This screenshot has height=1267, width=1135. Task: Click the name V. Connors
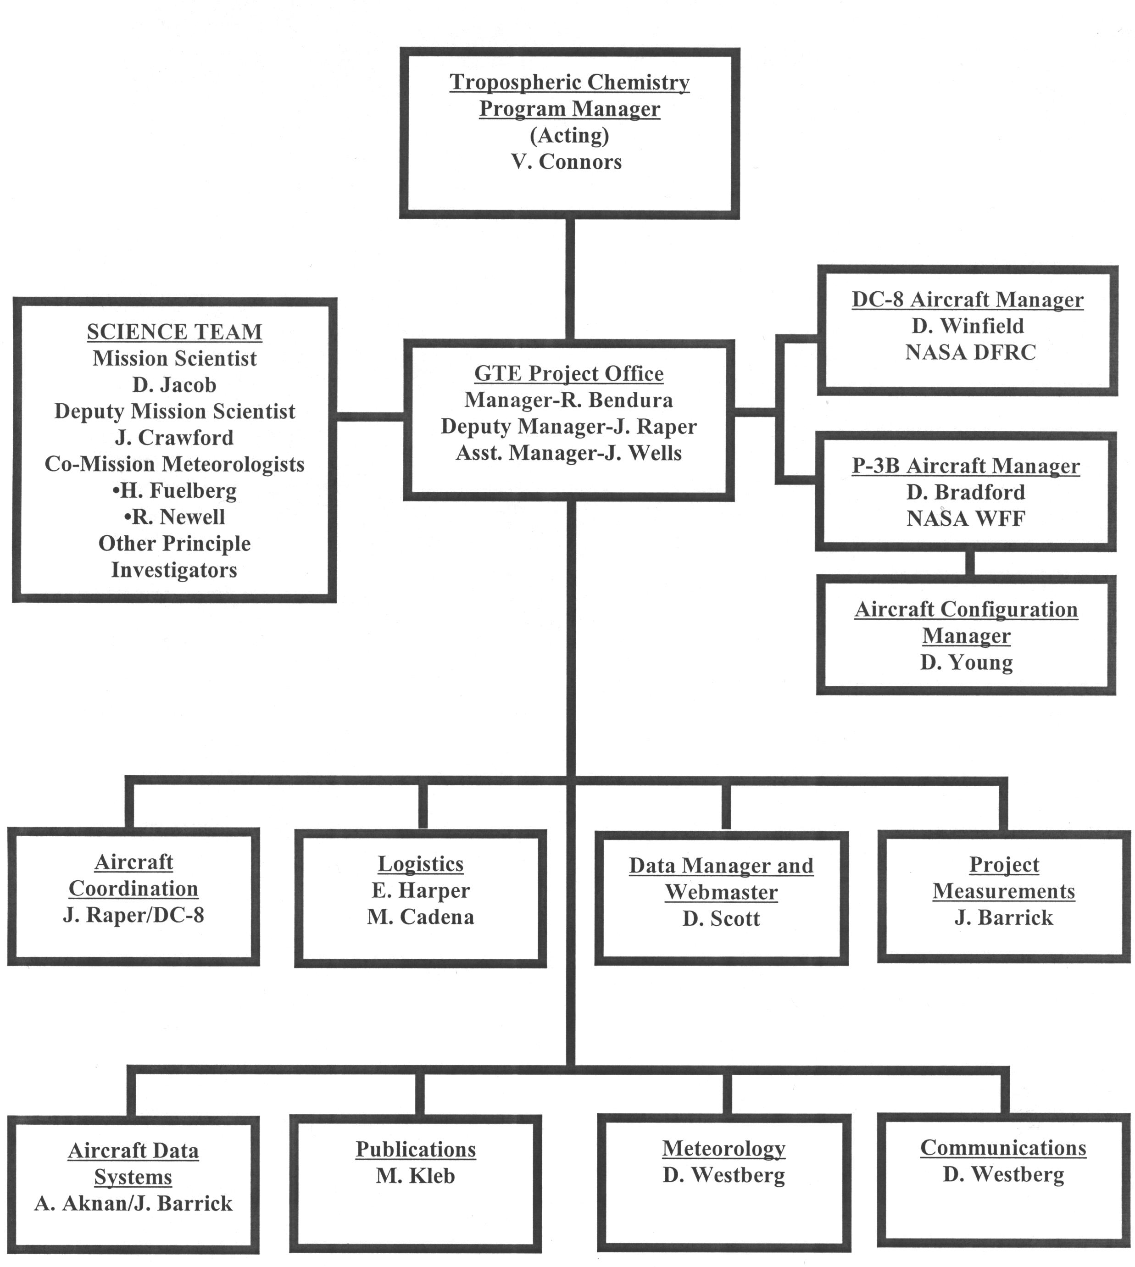(x=566, y=162)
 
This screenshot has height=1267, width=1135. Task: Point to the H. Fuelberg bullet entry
(x=175, y=491)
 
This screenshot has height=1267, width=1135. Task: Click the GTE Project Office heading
(x=569, y=373)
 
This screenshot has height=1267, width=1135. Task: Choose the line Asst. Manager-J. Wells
(x=569, y=453)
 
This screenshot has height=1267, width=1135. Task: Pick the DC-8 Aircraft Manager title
(x=967, y=300)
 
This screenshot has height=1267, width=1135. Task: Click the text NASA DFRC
(x=970, y=353)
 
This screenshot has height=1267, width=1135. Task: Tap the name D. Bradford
(x=965, y=493)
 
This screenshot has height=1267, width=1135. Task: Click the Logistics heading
(x=420, y=864)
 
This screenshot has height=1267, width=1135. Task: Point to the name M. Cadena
(x=420, y=917)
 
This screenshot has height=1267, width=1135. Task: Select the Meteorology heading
(x=723, y=1148)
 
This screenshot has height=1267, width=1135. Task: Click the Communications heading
(x=1003, y=1147)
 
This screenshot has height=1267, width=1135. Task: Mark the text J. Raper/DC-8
(x=134, y=915)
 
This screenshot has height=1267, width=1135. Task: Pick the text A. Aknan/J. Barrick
(x=134, y=1203)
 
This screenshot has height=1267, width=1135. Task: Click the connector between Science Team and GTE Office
(x=370, y=417)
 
